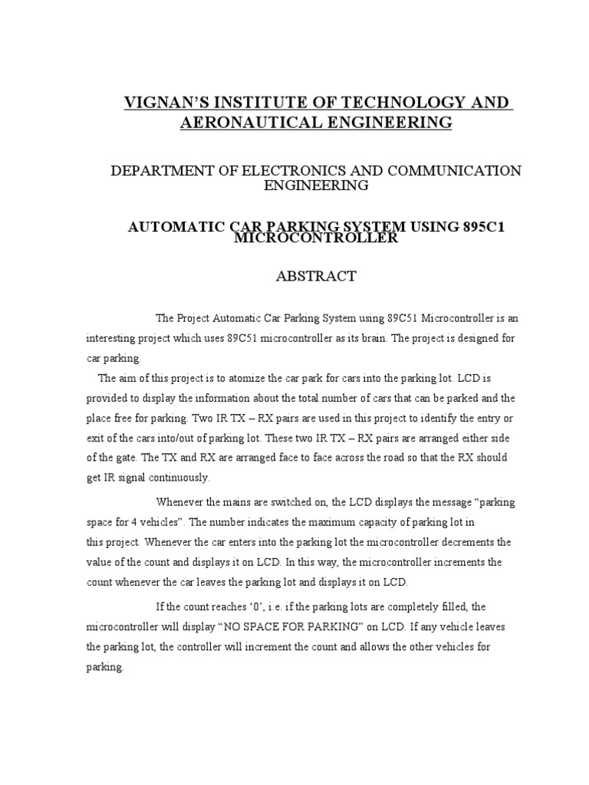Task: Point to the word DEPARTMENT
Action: click(x=161, y=170)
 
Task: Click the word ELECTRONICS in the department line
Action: click(x=281, y=170)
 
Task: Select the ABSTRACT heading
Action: click(x=316, y=277)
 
